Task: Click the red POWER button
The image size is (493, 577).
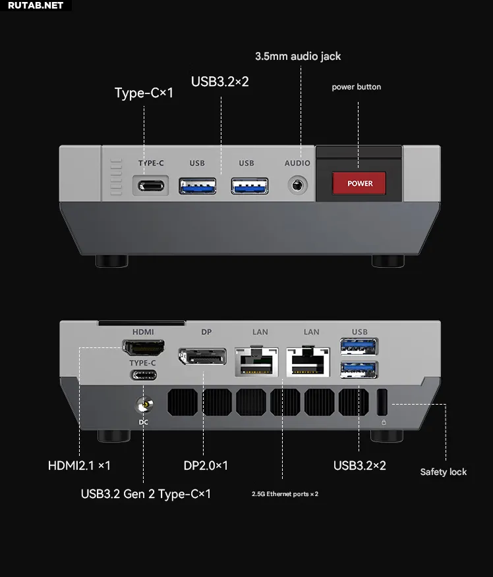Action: (x=359, y=183)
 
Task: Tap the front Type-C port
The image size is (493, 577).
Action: (x=151, y=186)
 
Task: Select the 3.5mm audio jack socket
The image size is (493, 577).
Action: (x=297, y=185)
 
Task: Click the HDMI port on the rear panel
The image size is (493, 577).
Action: (x=144, y=347)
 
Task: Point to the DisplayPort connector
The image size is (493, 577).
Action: (x=202, y=356)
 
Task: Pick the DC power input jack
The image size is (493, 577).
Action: (x=145, y=405)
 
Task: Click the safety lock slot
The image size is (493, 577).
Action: (x=382, y=402)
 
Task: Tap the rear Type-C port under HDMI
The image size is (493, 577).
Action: (x=144, y=375)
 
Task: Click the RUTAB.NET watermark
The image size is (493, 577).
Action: (x=36, y=5)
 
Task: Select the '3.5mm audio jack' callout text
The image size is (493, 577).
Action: (x=298, y=57)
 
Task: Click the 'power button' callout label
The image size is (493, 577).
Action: (x=356, y=87)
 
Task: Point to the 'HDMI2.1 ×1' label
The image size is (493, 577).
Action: (x=79, y=466)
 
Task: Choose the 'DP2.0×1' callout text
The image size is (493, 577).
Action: (x=206, y=466)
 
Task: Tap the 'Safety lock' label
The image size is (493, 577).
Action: (x=443, y=472)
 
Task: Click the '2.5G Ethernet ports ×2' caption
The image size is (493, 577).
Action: (x=285, y=494)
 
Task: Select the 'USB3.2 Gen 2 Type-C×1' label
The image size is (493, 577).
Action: (x=146, y=494)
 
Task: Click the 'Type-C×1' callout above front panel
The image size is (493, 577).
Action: (x=144, y=93)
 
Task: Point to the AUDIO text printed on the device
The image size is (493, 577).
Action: (x=297, y=163)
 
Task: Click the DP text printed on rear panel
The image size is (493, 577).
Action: (x=206, y=332)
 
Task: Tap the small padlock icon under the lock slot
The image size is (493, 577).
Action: (x=384, y=422)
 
